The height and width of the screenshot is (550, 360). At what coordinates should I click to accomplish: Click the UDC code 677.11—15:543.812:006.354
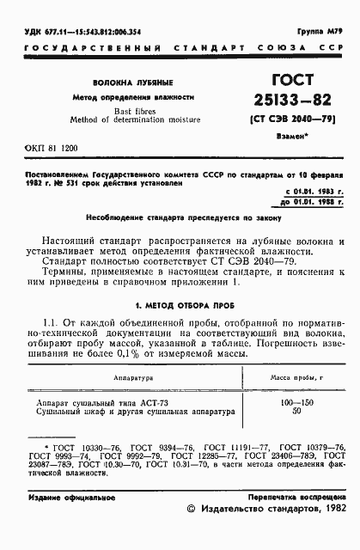click(x=76, y=31)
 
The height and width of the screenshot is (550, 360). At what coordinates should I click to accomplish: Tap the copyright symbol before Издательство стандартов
click(x=191, y=533)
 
